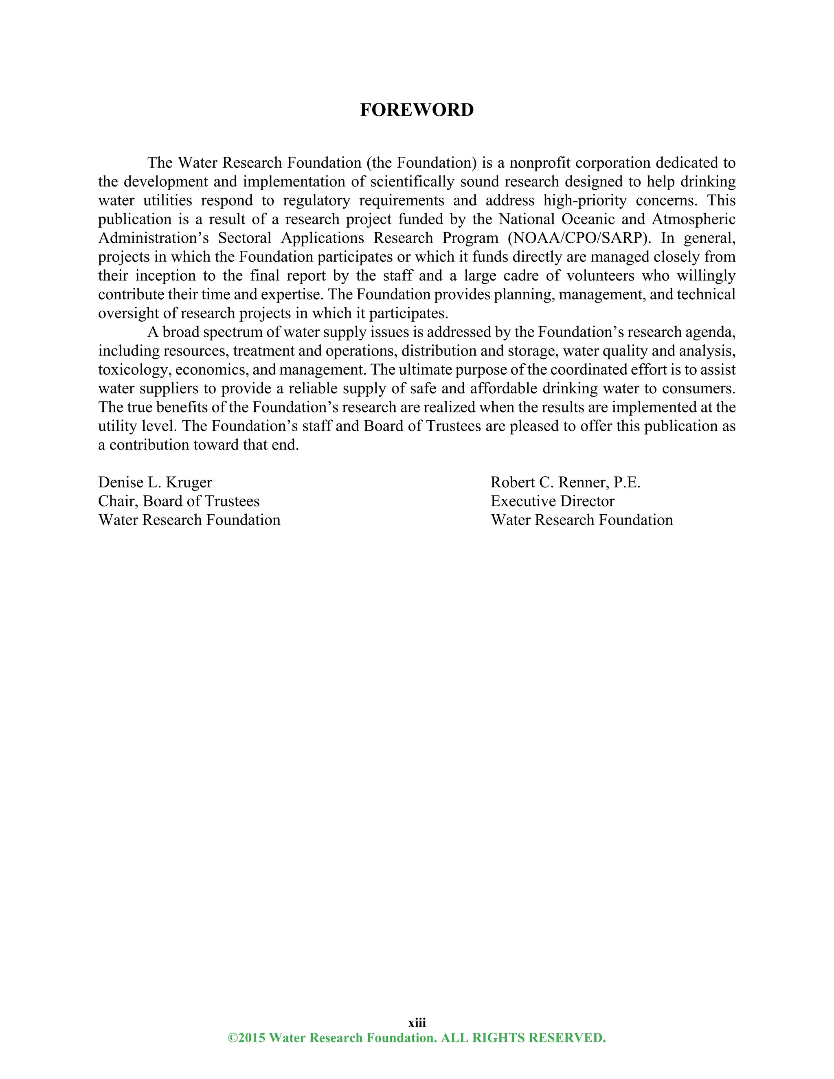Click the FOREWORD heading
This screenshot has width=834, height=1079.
[417, 110]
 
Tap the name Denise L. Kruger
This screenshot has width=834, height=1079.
[155, 482]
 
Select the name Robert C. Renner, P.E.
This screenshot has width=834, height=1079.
[565, 482]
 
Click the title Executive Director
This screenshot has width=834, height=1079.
[552, 501]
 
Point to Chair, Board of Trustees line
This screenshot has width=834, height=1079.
[178, 501]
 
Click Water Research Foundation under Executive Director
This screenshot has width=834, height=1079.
[582, 520]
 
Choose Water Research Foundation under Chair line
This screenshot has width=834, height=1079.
[189, 520]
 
